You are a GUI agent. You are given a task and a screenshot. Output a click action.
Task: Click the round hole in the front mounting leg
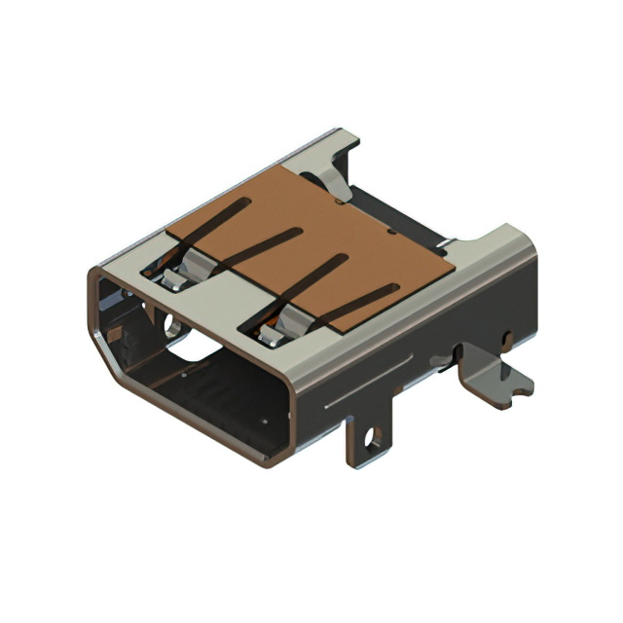click(370, 444)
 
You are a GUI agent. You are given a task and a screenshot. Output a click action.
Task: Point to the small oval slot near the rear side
click(505, 339)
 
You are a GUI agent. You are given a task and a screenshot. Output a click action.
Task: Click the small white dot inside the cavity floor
click(265, 421)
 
